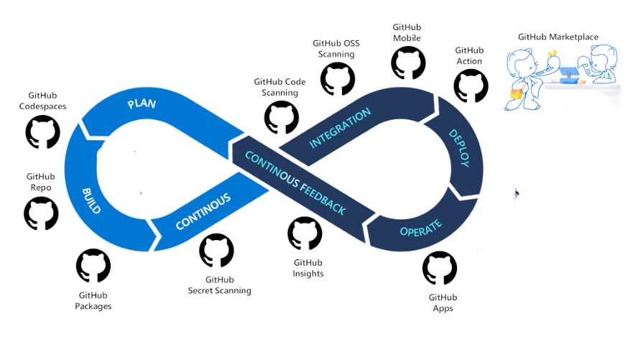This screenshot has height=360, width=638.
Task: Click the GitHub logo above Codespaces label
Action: pyautogui.click(x=42, y=131)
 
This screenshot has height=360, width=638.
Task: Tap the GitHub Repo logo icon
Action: pyautogui.click(x=41, y=213)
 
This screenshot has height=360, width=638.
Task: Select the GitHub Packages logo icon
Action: pyautogui.click(x=93, y=266)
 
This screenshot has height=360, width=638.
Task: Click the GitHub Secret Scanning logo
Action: pyautogui.click(x=216, y=250)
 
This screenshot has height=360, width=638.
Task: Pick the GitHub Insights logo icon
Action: pyautogui.click(x=305, y=234)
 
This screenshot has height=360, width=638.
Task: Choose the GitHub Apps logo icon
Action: pyautogui.click(x=440, y=268)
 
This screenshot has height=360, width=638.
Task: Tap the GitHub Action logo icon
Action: pyautogui.click(x=471, y=86)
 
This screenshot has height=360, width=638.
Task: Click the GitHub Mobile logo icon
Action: pyautogui.click(x=408, y=63)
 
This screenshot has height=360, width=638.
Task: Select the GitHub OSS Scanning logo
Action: pyautogui.click(x=337, y=79)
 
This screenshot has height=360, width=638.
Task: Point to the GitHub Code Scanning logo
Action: pyautogui.click(x=281, y=118)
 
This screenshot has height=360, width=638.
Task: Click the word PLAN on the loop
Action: pyautogui.click(x=142, y=103)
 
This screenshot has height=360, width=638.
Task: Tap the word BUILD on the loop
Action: pyautogui.click(x=91, y=201)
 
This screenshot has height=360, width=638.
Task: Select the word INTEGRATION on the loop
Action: pyautogui.click(x=340, y=128)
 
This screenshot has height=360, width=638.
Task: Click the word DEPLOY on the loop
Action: pyautogui.click(x=460, y=148)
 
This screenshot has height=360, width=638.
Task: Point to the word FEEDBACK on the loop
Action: pyautogui.click(x=323, y=198)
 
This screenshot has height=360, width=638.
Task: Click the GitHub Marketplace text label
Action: pyautogui.click(x=558, y=37)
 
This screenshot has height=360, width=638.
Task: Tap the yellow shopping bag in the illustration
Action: pyautogui.click(x=516, y=94)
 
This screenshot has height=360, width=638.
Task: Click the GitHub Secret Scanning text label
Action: pyautogui.click(x=219, y=285)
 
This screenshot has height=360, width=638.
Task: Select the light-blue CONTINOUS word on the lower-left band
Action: pyautogui.click(x=203, y=211)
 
